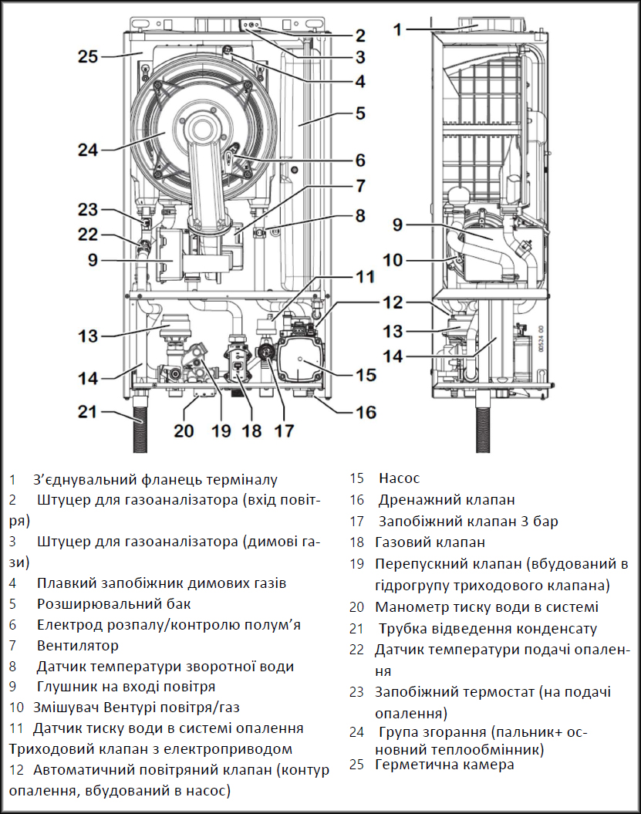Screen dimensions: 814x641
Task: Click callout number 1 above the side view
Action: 396,30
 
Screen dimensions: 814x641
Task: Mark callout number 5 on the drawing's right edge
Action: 359,113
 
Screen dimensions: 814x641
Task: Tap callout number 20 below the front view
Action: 184,431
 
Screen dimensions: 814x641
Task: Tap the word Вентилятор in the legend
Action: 77,645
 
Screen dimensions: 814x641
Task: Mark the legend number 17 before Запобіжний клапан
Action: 356,522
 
